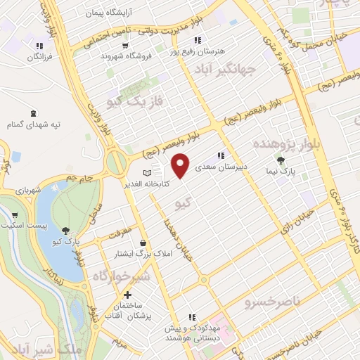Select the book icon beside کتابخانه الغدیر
tap(147, 173)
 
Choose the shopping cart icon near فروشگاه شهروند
tap(124, 46)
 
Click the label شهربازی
tap(29, 191)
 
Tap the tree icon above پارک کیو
tap(65, 231)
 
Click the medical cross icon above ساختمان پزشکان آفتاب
tap(127, 295)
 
